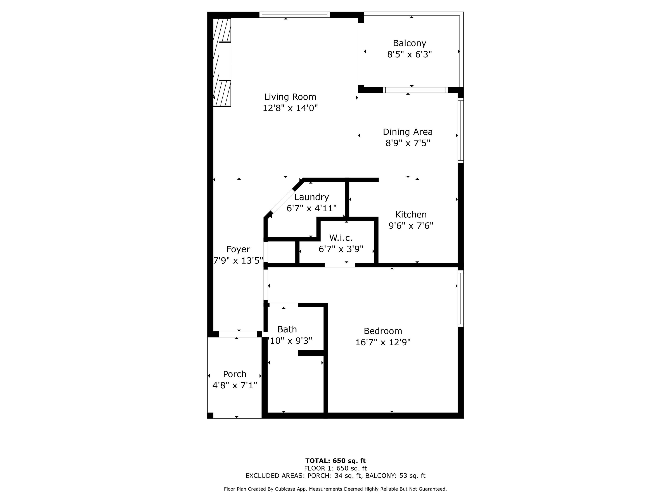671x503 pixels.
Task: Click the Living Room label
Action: tap(290, 97)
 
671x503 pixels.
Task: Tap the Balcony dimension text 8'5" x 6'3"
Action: tap(410, 54)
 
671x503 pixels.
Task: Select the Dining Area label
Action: tap(408, 132)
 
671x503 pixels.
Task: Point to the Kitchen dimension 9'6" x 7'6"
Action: tap(411, 226)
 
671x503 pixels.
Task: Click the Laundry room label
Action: tap(311, 197)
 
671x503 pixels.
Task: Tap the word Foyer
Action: tap(238, 250)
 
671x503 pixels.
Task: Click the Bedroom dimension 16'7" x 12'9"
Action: tap(383, 342)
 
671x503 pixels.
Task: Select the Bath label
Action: tap(287, 329)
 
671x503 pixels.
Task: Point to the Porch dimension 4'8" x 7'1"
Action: tap(235, 385)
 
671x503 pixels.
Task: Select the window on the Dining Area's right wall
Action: tap(460, 130)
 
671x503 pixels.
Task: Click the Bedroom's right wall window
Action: tap(460, 298)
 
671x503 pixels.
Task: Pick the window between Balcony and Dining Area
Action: tap(415, 90)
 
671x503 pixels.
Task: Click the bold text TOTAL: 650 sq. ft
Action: tap(335, 461)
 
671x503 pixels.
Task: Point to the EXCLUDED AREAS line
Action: tap(335, 475)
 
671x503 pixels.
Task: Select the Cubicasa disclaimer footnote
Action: tap(335, 489)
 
